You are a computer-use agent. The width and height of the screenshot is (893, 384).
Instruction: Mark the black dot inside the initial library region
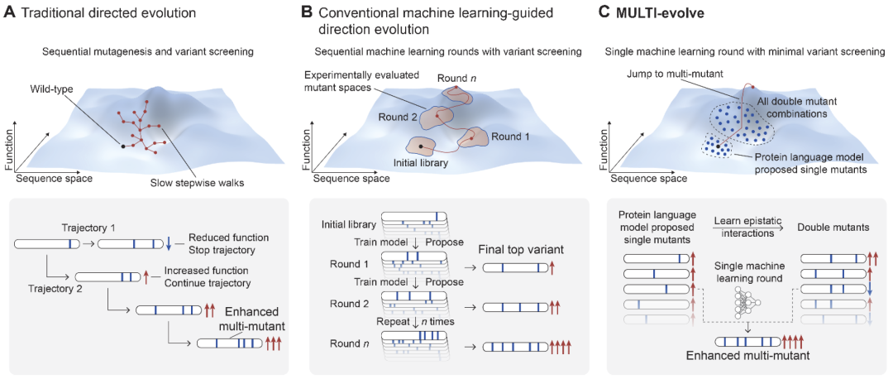coord(421,147)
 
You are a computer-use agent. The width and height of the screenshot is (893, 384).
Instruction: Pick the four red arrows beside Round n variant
coord(561,347)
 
